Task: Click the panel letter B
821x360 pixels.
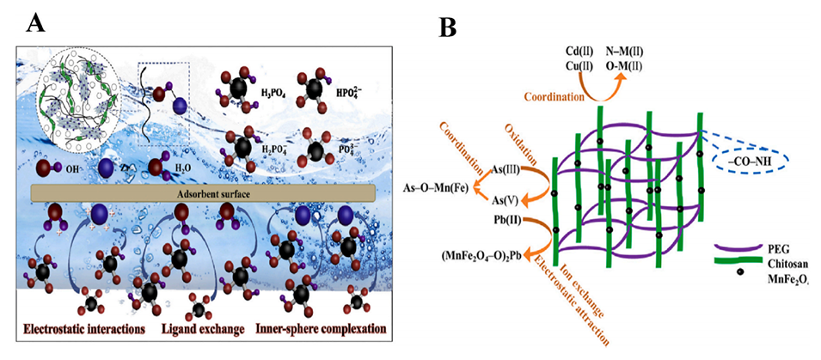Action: click(x=449, y=27)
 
